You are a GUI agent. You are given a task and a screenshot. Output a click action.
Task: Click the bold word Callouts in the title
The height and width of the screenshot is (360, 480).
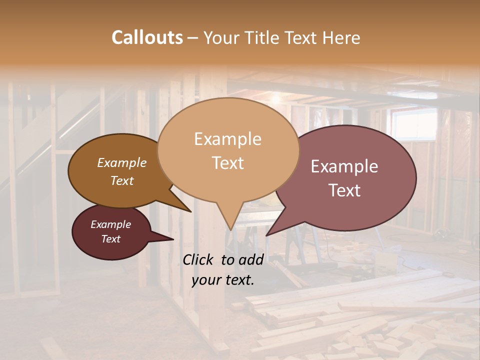pos(147,37)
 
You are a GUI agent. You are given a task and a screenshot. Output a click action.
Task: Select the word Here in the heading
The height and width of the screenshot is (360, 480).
pos(341,37)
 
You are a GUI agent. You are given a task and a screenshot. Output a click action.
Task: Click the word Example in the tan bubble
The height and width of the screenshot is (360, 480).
pos(227,139)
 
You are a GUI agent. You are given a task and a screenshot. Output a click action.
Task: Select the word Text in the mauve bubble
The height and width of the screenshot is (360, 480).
pos(344,190)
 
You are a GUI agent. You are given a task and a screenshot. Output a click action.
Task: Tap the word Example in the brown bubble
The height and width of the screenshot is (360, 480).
pos(121,162)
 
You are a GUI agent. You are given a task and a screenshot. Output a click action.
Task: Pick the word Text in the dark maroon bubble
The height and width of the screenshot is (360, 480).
pos(110,239)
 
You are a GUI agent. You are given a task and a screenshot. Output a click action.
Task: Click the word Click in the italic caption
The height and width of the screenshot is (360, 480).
pos(198,259)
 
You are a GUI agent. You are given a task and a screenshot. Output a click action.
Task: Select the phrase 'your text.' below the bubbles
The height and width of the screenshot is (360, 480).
pos(223,280)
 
